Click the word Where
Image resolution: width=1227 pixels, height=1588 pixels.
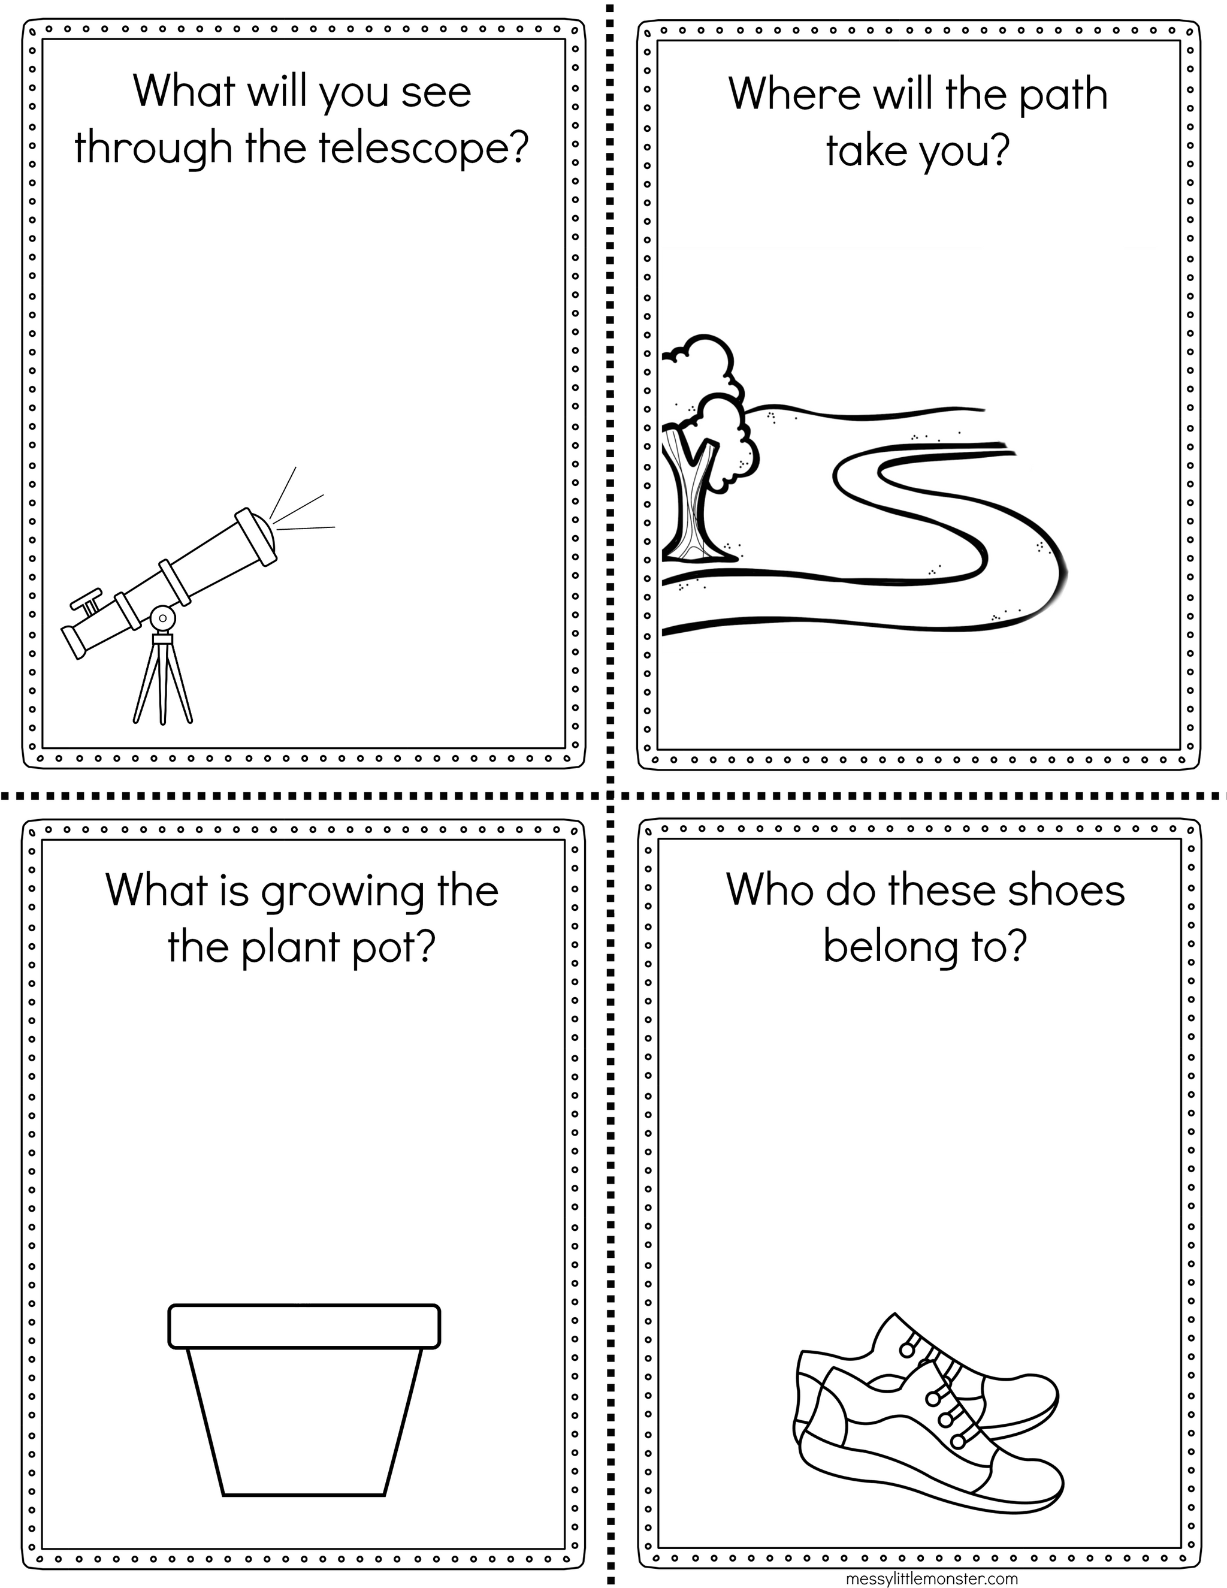794,94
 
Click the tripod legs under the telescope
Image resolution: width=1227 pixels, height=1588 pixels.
163,680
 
